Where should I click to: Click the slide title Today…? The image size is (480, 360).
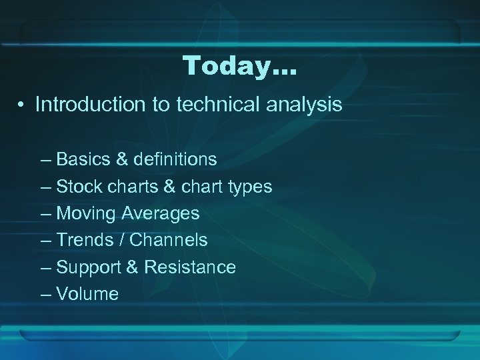pyautogui.click(x=239, y=65)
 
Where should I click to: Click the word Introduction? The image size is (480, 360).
pyautogui.click(x=83, y=105)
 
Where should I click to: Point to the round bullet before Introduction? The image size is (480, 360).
pyautogui.click(x=22, y=105)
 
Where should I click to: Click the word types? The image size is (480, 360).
pyautogui.click(x=248, y=187)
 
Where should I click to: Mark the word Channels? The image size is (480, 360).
pyautogui.click(x=168, y=240)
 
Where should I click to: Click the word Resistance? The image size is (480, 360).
pyautogui.click(x=190, y=267)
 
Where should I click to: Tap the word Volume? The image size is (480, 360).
pyautogui.click(x=87, y=294)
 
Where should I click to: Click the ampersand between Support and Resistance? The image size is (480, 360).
pyautogui.click(x=132, y=267)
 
